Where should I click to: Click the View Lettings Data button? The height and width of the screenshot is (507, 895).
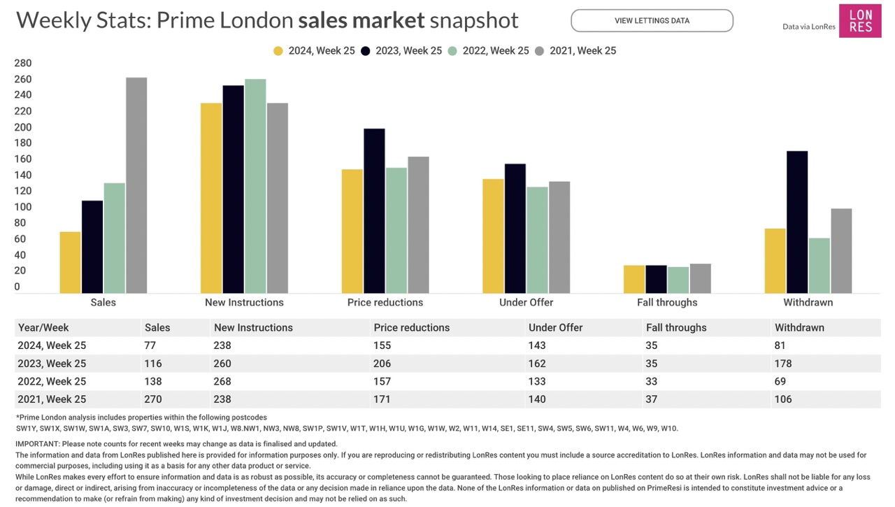(652, 21)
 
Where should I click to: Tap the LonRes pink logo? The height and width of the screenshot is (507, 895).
(860, 21)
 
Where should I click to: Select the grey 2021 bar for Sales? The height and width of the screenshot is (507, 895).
(136, 185)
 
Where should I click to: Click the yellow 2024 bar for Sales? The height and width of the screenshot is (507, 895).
(70, 262)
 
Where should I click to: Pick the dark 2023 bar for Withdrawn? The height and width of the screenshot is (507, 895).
(797, 222)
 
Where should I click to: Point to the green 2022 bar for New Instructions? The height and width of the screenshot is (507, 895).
(255, 186)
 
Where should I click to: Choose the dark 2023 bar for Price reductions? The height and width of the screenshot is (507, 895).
(374, 210)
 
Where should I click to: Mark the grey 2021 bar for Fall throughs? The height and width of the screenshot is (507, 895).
(700, 278)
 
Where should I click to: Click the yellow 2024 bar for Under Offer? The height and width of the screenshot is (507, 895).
(493, 236)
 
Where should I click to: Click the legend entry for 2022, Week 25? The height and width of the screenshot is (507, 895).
(489, 50)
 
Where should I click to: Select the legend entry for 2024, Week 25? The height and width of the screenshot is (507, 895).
(314, 50)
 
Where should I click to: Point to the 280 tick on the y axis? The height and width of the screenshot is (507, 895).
(23, 63)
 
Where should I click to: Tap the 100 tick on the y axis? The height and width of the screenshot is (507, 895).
(23, 207)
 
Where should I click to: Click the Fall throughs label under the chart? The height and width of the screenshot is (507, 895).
(667, 303)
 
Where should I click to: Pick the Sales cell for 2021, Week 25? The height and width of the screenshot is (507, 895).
(154, 399)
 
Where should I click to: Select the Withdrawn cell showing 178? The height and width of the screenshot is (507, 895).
(785, 364)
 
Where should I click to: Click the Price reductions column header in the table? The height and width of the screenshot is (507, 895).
(412, 327)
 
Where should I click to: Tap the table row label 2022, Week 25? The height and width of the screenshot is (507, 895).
(52, 381)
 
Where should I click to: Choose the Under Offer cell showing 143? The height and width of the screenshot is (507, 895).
(538, 345)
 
